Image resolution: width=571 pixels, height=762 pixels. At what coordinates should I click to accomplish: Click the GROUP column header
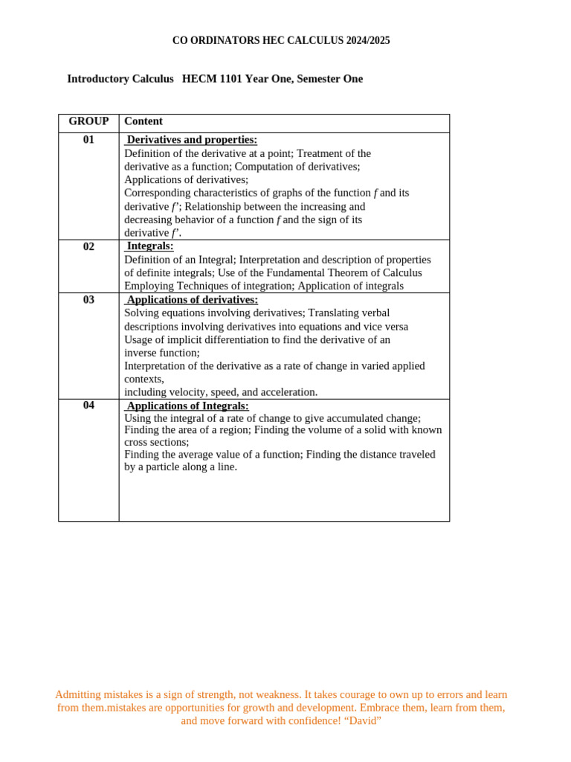[x=88, y=121]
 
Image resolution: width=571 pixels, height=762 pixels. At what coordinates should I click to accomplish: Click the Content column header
[x=143, y=121]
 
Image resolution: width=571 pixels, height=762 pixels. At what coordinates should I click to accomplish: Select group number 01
[x=88, y=140]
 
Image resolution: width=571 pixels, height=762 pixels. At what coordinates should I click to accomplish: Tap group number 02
[x=88, y=246]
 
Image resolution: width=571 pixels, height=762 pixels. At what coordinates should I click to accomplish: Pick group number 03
[x=88, y=300]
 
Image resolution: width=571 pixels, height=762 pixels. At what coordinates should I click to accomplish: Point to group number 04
[x=88, y=406]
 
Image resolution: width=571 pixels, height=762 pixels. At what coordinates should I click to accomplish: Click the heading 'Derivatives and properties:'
[x=192, y=140]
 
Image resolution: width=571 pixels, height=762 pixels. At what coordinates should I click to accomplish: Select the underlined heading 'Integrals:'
[x=150, y=246]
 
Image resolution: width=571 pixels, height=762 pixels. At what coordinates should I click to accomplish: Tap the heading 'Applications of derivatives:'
[x=193, y=300]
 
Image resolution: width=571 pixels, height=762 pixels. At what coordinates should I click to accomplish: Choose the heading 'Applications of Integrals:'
[x=187, y=406]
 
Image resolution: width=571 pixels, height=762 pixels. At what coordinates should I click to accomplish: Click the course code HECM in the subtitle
[x=199, y=79]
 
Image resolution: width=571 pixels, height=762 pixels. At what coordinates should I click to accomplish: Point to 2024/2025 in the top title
[x=367, y=41]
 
